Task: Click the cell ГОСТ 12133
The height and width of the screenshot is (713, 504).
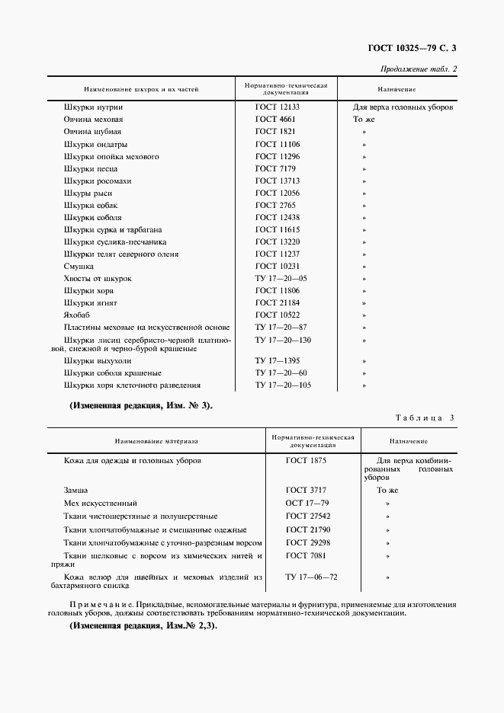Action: (x=277, y=107)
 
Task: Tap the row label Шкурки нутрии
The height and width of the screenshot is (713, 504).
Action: (x=89, y=107)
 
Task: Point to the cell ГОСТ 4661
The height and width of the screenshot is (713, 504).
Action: (x=274, y=120)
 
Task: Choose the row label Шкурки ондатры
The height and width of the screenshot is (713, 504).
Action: (x=95, y=144)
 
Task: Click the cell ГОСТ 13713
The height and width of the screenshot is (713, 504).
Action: (x=277, y=181)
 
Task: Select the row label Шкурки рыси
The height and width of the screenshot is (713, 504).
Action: (x=89, y=193)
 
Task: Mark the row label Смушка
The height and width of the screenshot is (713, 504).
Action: (x=79, y=266)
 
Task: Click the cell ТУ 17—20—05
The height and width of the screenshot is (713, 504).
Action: (x=281, y=278)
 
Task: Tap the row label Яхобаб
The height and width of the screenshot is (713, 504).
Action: (x=79, y=315)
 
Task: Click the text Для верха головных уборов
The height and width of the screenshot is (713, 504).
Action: (x=403, y=107)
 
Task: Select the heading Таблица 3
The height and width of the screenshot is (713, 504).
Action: (x=424, y=417)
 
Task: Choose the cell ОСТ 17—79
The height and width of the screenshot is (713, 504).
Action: (x=307, y=504)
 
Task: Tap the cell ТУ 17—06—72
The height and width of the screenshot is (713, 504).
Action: (x=311, y=577)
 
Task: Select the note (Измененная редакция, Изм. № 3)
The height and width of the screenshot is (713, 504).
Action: (x=141, y=405)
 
